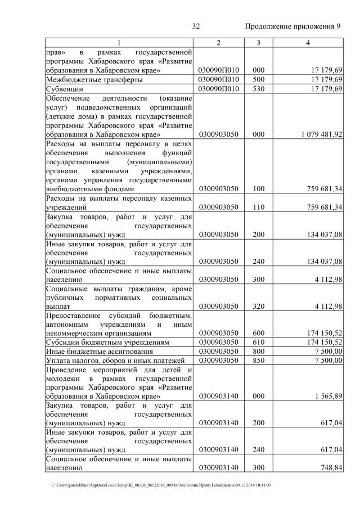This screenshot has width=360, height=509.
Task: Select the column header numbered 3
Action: pos(258,43)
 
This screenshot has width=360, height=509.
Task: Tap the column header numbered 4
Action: pos(308,43)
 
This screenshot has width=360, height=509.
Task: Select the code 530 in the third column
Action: pos(258,89)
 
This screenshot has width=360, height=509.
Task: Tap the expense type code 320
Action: pos(258,307)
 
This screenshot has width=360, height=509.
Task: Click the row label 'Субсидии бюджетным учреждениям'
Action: pos(107,342)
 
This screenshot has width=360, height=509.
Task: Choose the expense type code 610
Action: pos(258,342)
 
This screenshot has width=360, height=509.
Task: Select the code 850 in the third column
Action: pos(258,360)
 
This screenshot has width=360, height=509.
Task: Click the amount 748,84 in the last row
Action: pos(331,467)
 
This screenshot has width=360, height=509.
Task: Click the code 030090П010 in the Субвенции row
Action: pos(219,89)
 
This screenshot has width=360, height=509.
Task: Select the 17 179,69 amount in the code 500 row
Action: pos(326,80)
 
